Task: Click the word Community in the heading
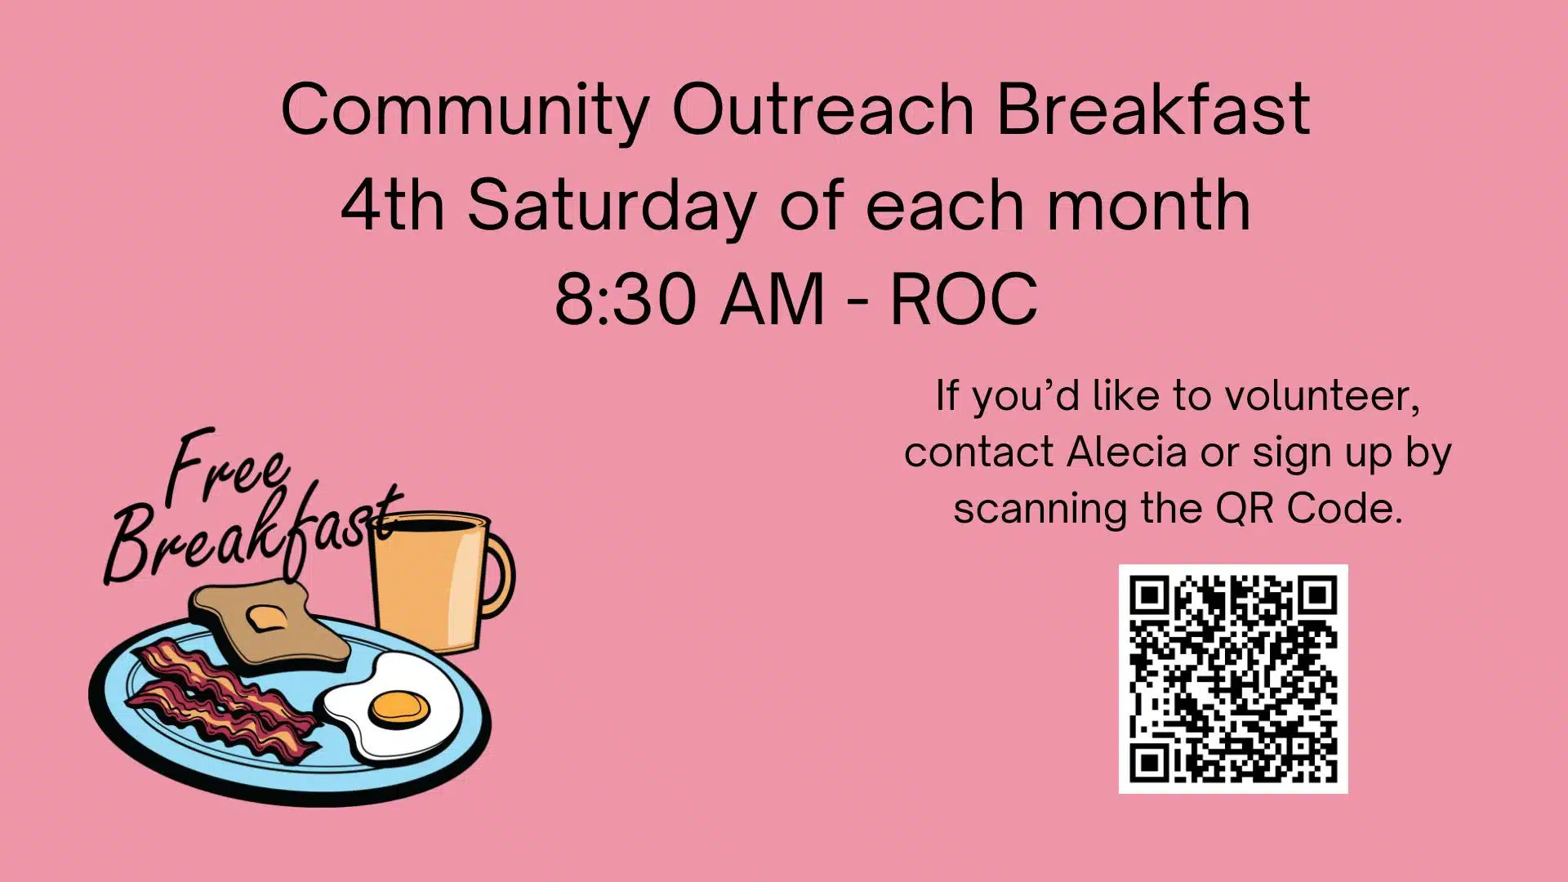465,111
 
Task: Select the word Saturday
612,207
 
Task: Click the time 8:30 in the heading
626,299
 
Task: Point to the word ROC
964,299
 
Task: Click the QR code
1233,679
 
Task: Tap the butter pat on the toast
265,617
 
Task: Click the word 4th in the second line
393,205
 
